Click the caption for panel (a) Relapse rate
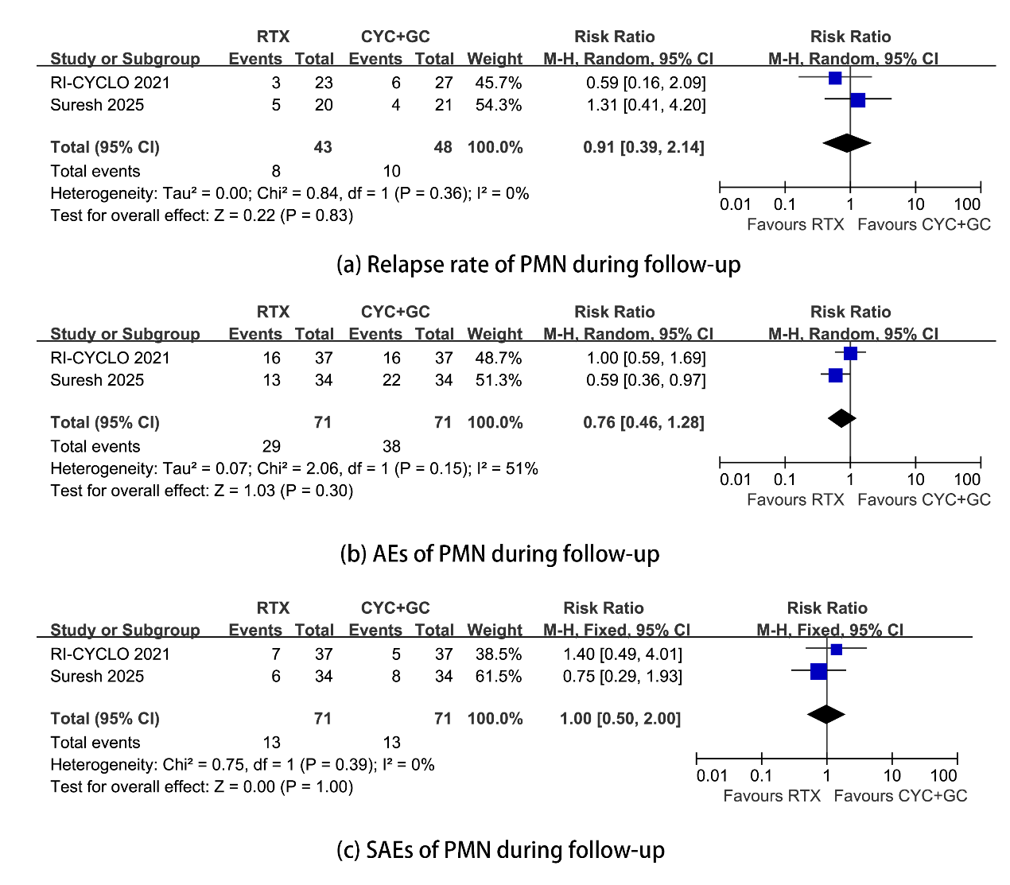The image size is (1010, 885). tap(538, 264)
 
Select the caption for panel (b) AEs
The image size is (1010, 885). tap(499, 553)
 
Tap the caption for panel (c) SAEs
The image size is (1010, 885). tap(500, 850)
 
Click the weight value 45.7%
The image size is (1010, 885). tap(499, 83)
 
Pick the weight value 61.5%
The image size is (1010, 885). tap(499, 677)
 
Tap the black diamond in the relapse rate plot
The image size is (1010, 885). tap(847, 143)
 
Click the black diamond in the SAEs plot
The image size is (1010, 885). tap(826, 714)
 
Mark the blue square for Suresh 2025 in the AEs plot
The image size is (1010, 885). tap(835, 375)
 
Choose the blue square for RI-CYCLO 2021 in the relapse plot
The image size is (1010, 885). tap(834, 78)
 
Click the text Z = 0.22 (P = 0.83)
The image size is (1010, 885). tap(284, 215)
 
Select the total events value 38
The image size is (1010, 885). tap(391, 447)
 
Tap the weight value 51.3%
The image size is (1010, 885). tap(499, 380)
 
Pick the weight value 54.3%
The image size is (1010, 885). tap(499, 105)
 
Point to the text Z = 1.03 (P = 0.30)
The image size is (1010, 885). tap(284, 491)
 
